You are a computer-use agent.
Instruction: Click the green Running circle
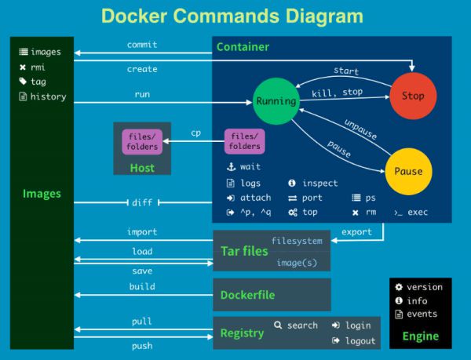point(276,100)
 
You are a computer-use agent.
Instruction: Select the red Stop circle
point(413,96)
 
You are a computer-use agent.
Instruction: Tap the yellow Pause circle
point(408,171)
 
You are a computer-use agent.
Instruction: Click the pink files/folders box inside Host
point(143,141)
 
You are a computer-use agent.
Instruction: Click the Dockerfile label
point(247,295)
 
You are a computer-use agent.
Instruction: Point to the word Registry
point(242,333)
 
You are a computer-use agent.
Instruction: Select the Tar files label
point(244,252)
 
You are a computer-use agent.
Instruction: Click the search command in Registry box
point(297,325)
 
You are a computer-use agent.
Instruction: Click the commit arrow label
point(142,45)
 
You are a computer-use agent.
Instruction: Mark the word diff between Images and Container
point(142,202)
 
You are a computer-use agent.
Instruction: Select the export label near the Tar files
point(357,232)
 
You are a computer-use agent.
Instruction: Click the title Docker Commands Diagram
point(233,16)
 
